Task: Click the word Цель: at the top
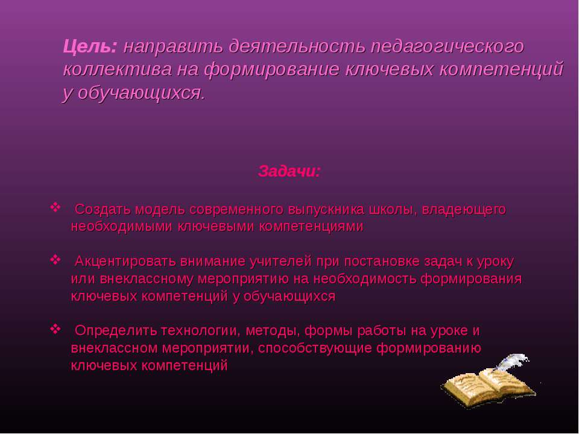coord(90,46)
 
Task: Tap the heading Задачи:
coord(289,171)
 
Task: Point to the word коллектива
coord(118,69)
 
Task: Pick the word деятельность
coord(297,47)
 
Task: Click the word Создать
coord(103,210)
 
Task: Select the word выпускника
coord(326,210)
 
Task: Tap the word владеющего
coord(464,210)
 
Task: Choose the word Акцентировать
coord(125,262)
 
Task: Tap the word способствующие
coord(315,348)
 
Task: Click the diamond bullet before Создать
coord(55,207)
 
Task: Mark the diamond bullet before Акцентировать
coord(55,260)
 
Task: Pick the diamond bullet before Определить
coord(55,329)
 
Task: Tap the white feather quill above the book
coord(513,362)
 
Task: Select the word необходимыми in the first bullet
coord(121,227)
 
